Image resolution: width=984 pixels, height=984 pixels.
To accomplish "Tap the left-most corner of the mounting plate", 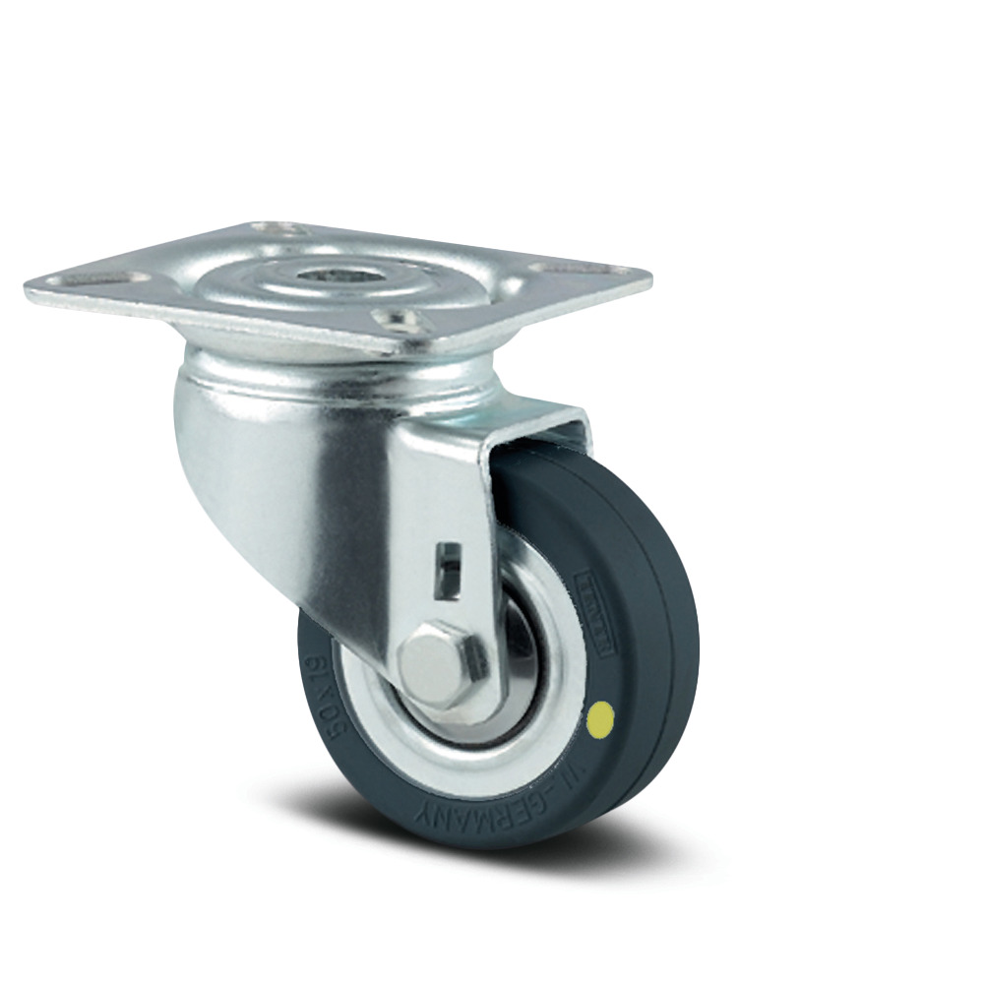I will click(x=27, y=288).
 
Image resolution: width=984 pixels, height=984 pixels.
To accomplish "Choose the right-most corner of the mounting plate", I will click(x=650, y=277).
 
